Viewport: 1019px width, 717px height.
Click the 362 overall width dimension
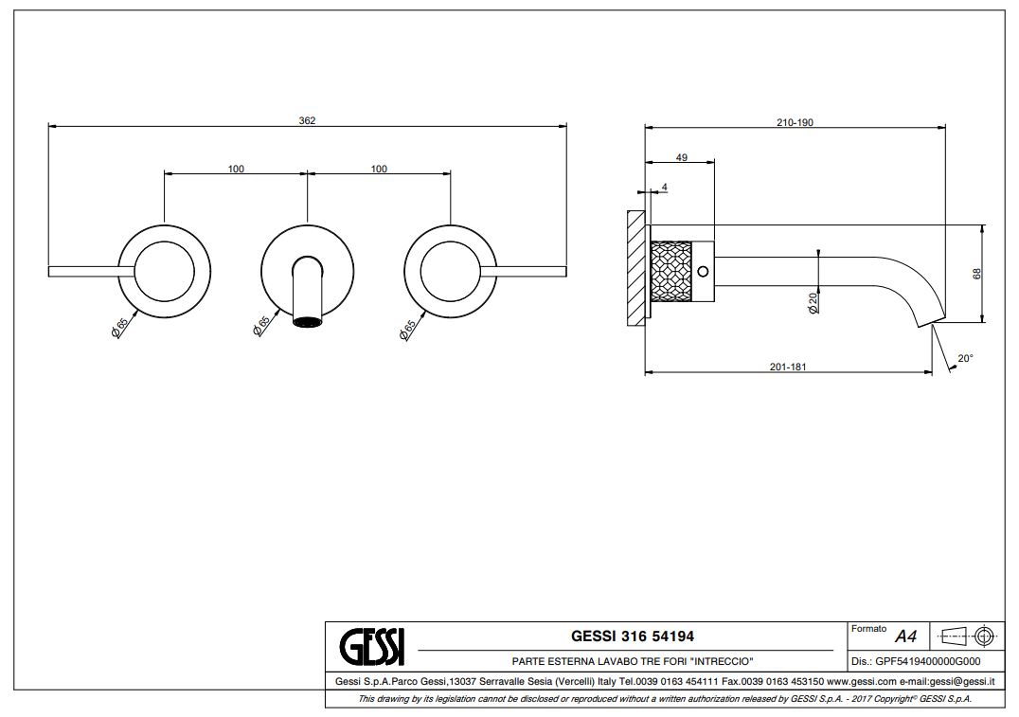[x=307, y=120]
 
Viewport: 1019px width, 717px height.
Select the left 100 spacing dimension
[x=236, y=169]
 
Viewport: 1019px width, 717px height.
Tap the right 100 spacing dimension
[x=379, y=169]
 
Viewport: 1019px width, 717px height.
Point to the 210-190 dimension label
[x=795, y=122]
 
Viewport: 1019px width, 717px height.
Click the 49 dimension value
[x=682, y=157]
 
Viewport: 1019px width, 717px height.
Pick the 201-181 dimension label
[x=788, y=367]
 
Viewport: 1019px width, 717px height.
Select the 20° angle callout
[x=966, y=358]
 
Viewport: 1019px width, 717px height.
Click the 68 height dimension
[x=976, y=274]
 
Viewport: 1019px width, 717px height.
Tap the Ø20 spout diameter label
[x=813, y=303]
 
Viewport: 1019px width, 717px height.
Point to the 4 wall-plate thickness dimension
[x=664, y=188]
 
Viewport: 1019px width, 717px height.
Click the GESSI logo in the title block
[x=372, y=646]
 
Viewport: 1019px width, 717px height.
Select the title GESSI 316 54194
[x=633, y=636]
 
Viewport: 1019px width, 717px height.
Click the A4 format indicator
[x=905, y=636]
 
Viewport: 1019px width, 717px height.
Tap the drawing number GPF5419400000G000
[x=928, y=662]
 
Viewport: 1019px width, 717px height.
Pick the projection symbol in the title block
[x=968, y=636]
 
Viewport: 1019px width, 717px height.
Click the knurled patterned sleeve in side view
[x=671, y=271]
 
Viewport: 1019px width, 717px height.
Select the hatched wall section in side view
[x=635, y=268]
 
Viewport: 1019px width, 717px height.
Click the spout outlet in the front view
[x=308, y=321]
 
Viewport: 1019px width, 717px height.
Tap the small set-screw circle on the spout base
[x=702, y=271]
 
